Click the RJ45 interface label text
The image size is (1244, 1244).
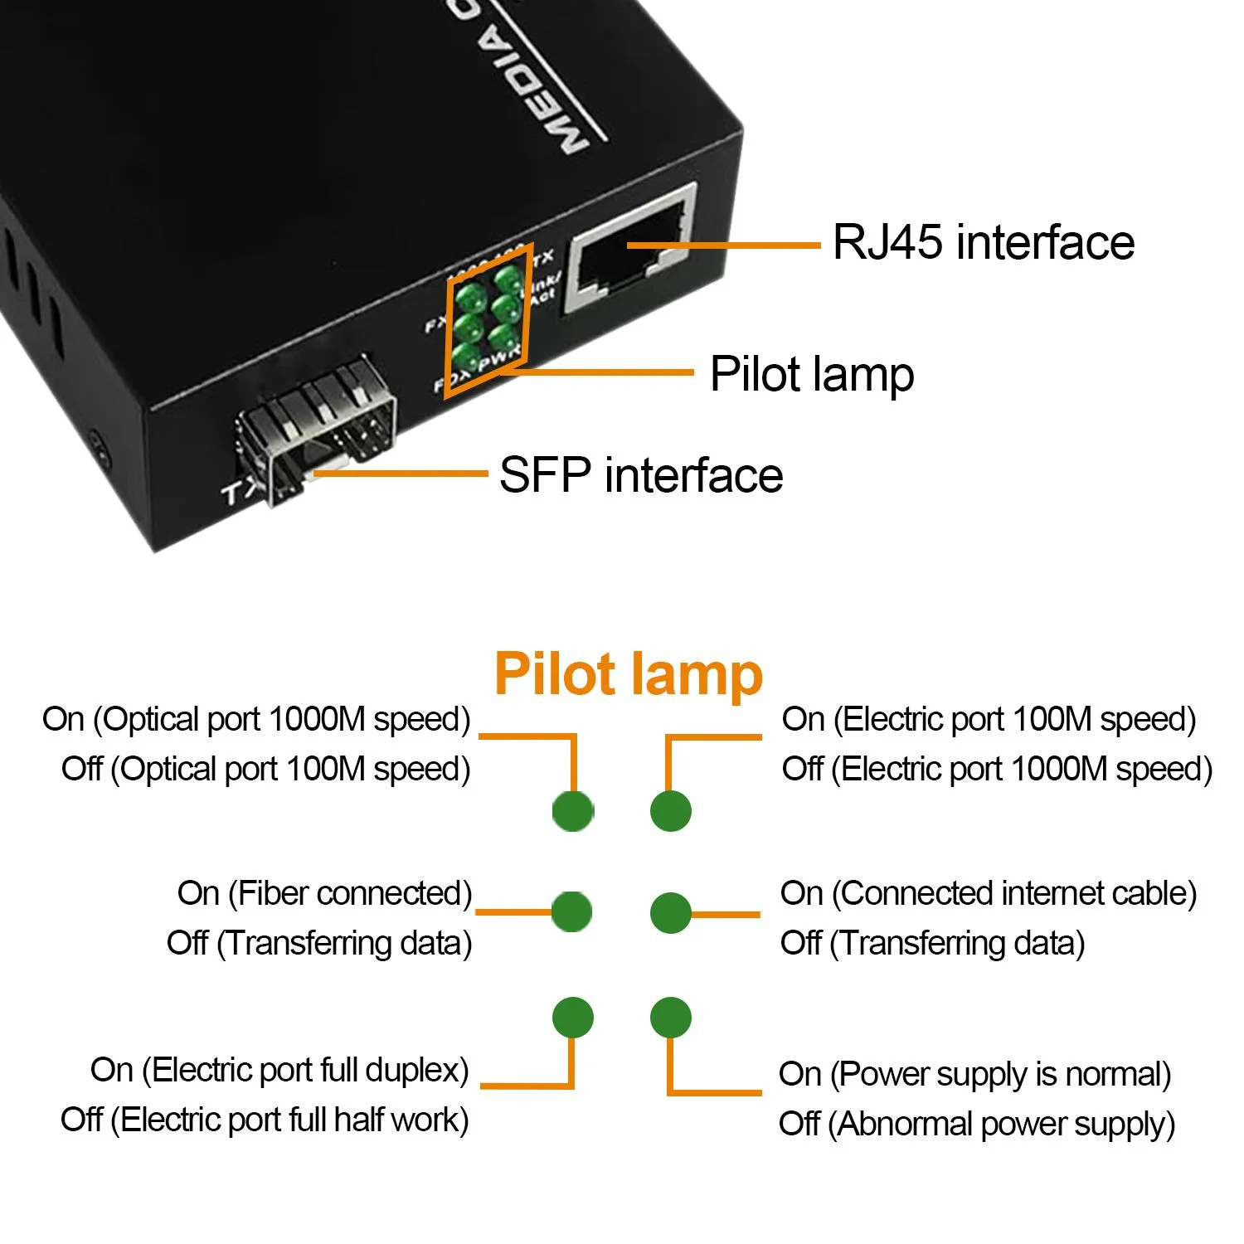(x=984, y=242)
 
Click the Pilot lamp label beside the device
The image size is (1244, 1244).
(x=812, y=374)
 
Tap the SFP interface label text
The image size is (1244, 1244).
(x=641, y=475)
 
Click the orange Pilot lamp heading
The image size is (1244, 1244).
(x=628, y=673)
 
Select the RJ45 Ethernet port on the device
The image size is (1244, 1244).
(x=631, y=249)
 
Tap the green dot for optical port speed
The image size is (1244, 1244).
(x=573, y=810)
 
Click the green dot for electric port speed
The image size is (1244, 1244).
(x=670, y=810)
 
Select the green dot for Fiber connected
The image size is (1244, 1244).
(x=572, y=912)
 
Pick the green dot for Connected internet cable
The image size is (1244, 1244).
(x=670, y=912)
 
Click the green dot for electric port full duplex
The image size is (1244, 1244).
(x=573, y=1017)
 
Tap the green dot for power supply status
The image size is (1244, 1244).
(x=670, y=1017)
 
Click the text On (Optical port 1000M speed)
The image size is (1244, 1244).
(x=256, y=719)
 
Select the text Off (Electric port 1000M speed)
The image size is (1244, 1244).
(x=997, y=769)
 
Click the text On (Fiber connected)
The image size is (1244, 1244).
(x=324, y=893)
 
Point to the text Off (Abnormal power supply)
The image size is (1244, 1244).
(x=977, y=1124)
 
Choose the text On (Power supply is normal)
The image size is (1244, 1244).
(x=974, y=1074)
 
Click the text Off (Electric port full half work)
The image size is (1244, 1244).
(x=265, y=1120)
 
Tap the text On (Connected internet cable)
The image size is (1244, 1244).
(x=989, y=893)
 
